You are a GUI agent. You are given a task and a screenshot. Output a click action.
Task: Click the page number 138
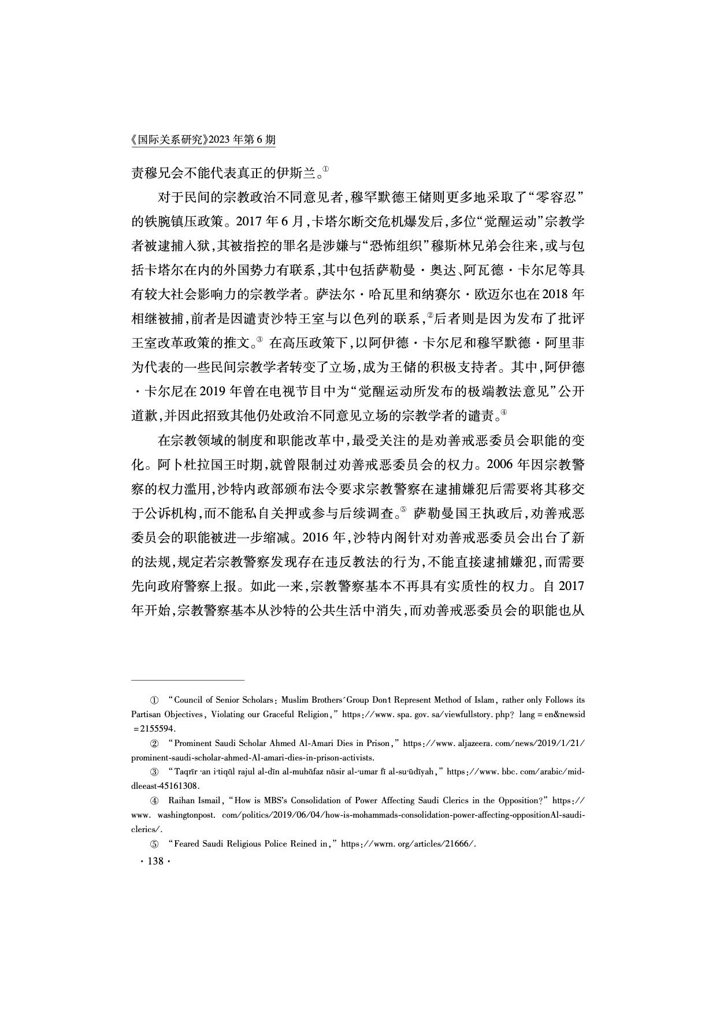153,861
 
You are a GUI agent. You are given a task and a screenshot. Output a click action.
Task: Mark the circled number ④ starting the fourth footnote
154,801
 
